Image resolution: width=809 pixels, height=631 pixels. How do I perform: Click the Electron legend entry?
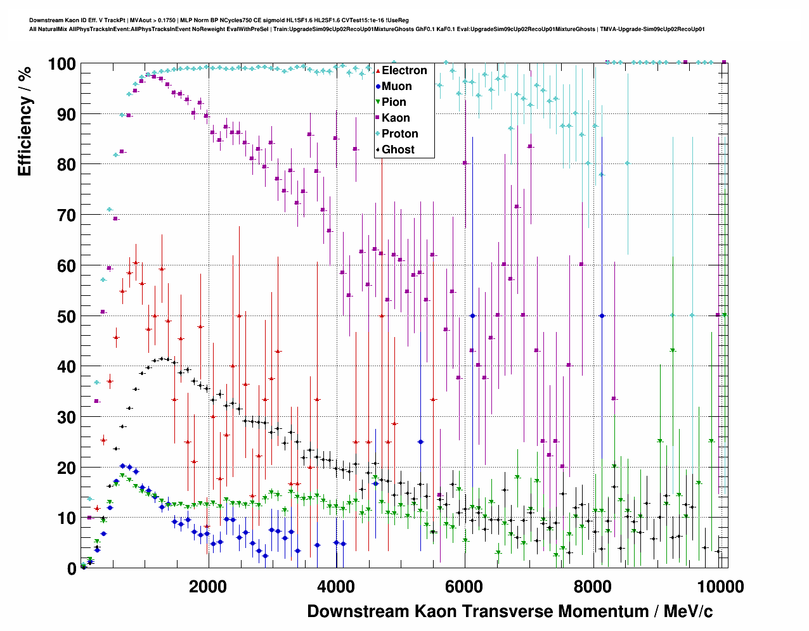pyautogui.click(x=404, y=70)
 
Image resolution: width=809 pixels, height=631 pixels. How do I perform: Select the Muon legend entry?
pyautogui.click(x=396, y=86)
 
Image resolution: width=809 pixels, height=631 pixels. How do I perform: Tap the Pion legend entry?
pyautogui.click(x=394, y=102)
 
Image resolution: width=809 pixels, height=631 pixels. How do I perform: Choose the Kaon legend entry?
pyautogui.click(x=396, y=118)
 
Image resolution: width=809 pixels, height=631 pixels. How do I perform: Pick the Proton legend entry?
pyautogui.click(x=399, y=134)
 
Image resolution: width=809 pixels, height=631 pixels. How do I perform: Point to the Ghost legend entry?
pyautogui.click(x=398, y=150)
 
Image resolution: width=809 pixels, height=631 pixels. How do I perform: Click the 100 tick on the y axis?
pyautogui.click(x=61, y=64)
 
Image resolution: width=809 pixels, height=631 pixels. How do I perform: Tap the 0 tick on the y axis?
pyautogui.click(x=72, y=568)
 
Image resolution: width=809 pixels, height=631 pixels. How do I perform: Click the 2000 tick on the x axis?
pyautogui.click(x=208, y=587)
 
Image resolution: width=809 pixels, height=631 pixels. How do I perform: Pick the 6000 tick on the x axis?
pyautogui.click(x=464, y=587)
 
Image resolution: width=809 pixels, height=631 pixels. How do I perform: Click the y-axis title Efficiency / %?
pyautogui.click(x=25, y=121)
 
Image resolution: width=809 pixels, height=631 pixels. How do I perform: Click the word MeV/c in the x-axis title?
pyautogui.click(x=688, y=611)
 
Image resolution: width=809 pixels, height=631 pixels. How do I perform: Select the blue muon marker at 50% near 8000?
pyautogui.click(x=602, y=315)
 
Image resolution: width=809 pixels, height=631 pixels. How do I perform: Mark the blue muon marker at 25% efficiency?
pyautogui.click(x=420, y=442)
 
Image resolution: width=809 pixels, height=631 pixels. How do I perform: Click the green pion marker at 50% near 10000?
pyautogui.click(x=724, y=315)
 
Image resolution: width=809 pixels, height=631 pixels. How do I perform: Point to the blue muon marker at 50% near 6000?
pyautogui.click(x=472, y=315)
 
